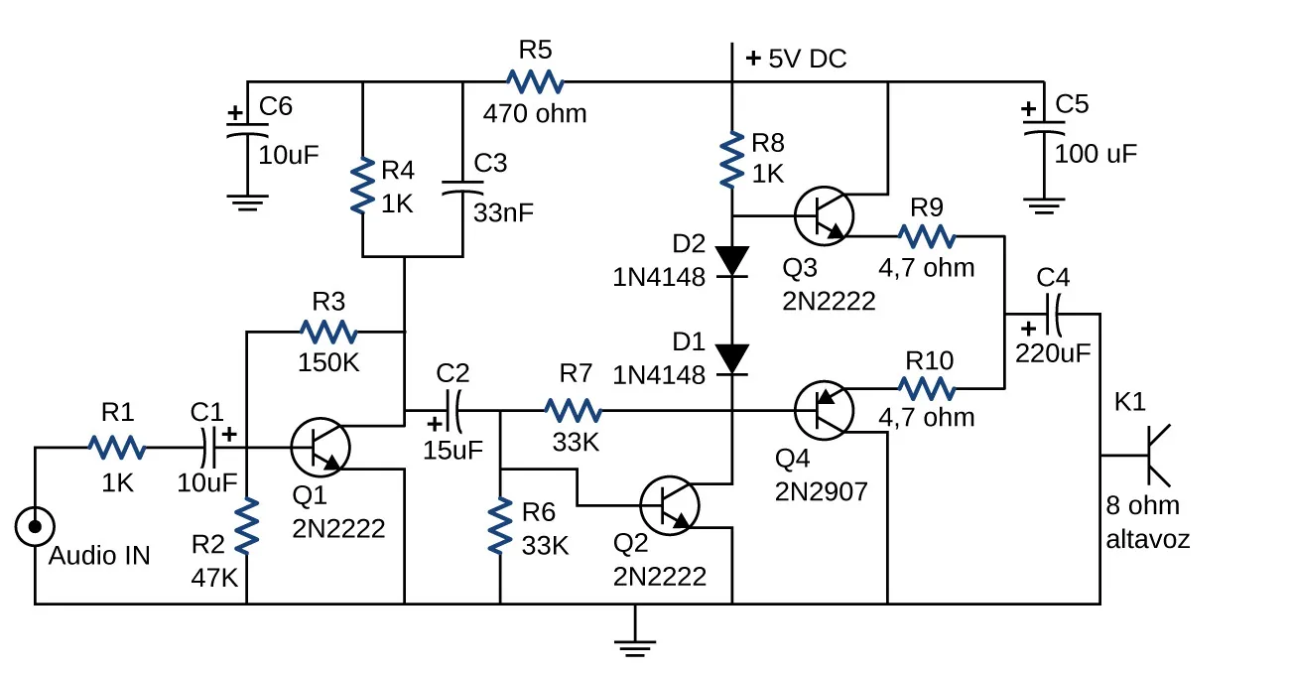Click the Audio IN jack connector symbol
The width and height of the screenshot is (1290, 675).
click(35, 527)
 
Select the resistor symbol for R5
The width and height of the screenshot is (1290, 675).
click(535, 81)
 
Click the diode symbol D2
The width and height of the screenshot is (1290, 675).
click(732, 260)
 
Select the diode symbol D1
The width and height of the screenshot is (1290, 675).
click(732, 357)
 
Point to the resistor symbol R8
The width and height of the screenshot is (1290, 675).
click(732, 160)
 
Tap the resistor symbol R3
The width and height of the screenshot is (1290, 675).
click(327, 331)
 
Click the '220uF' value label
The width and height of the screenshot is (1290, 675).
click(1053, 352)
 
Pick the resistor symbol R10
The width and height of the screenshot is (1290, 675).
click(926, 386)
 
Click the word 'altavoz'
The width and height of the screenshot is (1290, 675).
click(1147, 540)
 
